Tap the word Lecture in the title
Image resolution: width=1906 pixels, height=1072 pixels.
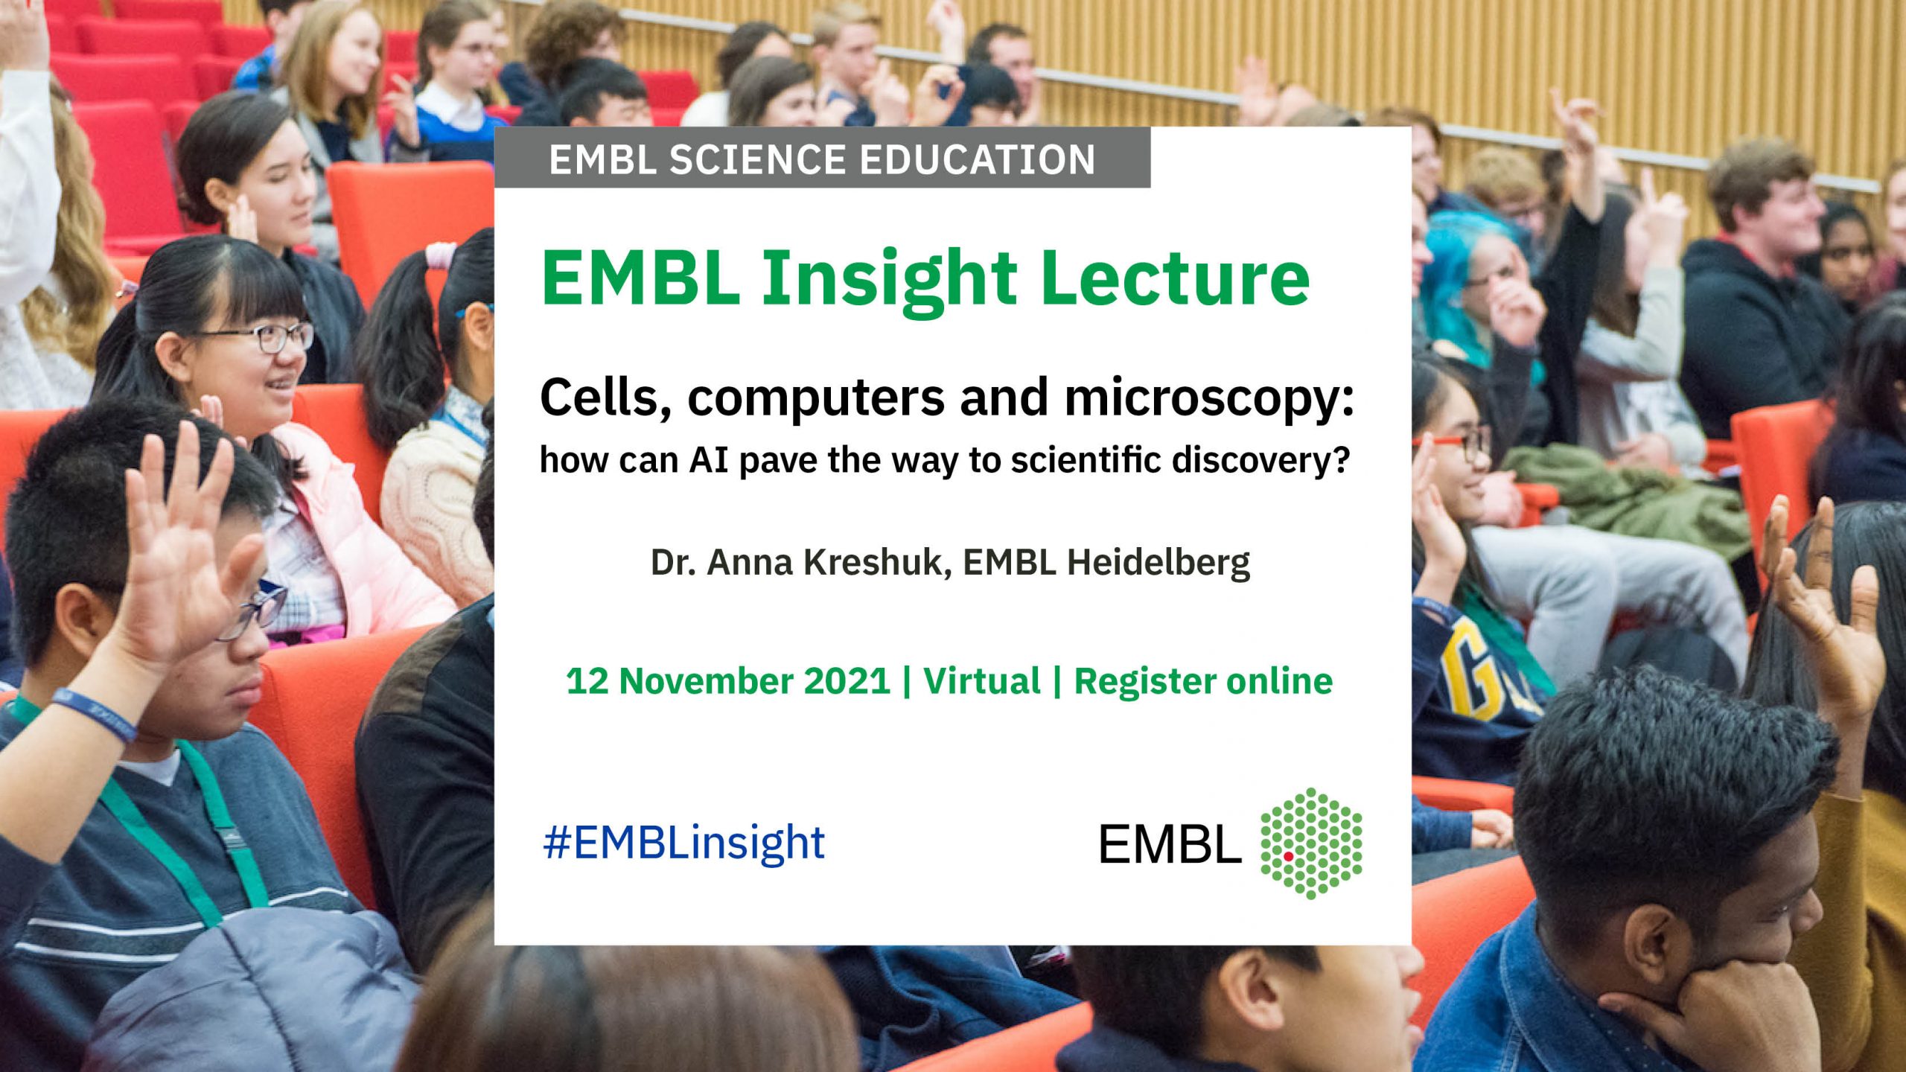[x=1175, y=277]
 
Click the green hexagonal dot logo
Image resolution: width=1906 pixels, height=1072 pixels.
[x=1311, y=843]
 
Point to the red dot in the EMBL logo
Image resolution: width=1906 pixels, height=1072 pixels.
[x=1288, y=857]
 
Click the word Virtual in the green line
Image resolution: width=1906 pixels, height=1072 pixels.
[x=982, y=681]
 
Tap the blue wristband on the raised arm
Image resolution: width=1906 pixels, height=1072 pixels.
[x=94, y=715]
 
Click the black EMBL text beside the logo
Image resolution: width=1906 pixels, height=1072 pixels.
[x=1170, y=844]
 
